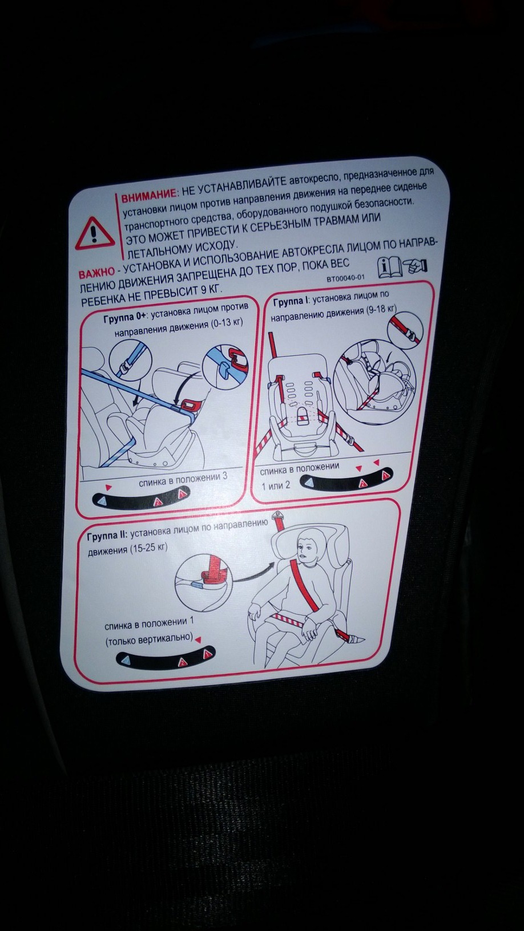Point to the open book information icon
pyautogui.click(x=390, y=268)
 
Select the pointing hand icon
pyautogui.click(x=416, y=266)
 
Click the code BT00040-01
pyautogui.click(x=345, y=278)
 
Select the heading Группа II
pyautogui.click(x=108, y=536)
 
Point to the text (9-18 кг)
pyautogui.click(x=381, y=309)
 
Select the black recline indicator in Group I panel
pyautogui.click(x=346, y=480)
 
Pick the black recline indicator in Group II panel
pyautogui.click(x=166, y=658)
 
